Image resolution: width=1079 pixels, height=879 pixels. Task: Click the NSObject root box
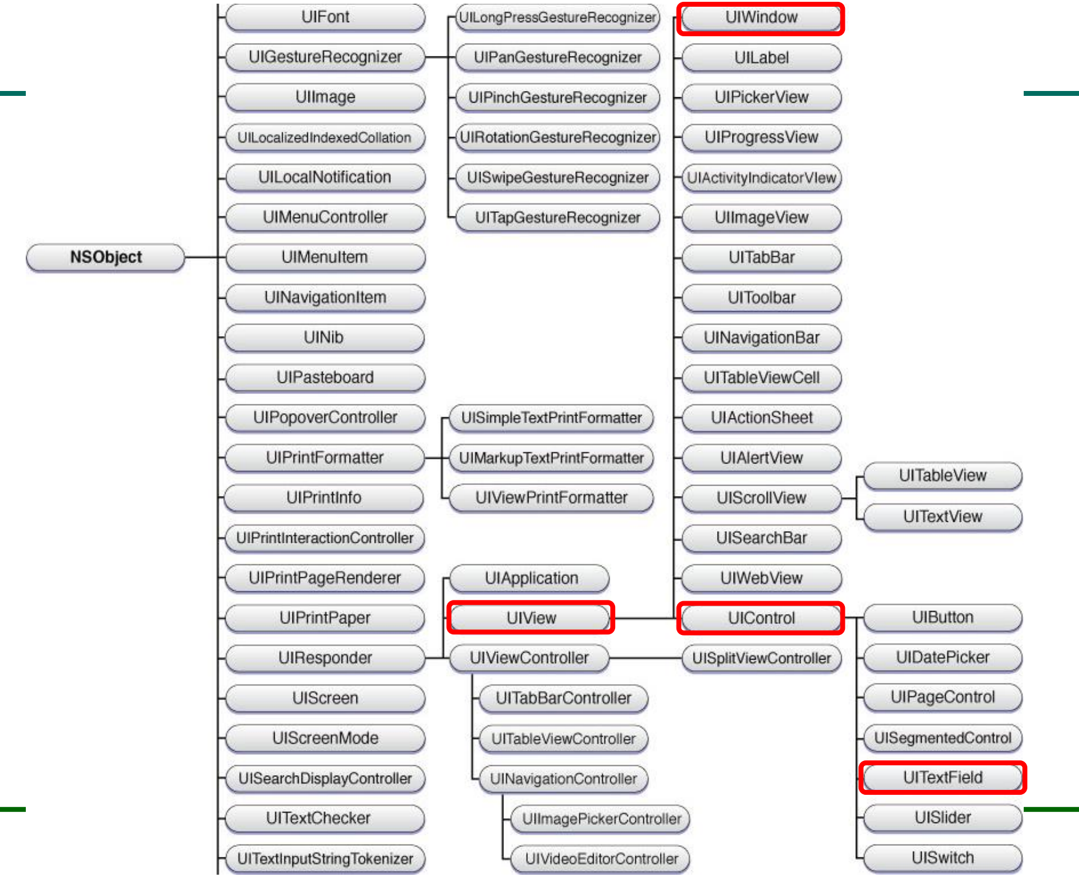(105, 257)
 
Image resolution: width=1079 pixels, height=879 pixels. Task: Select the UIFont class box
(325, 17)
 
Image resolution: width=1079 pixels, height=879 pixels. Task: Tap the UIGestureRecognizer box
(325, 57)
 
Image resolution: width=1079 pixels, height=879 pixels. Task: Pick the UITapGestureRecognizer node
(557, 218)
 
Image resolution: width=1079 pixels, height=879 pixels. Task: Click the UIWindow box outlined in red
(761, 18)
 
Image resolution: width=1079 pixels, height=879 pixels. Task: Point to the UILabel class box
(761, 58)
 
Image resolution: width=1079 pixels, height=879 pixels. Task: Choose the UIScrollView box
(761, 498)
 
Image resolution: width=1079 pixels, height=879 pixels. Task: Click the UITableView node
(943, 475)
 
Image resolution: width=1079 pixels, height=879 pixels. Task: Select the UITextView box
(943, 516)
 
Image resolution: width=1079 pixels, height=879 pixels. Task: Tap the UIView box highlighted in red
(531, 618)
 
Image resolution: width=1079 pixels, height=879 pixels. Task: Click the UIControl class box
(761, 618)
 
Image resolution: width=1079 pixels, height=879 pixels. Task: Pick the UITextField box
(943, 778)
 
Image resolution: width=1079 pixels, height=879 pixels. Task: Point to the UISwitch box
(943, 857)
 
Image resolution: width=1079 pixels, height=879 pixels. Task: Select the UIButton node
(943, 617)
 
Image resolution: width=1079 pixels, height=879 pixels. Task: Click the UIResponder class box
(325, 658)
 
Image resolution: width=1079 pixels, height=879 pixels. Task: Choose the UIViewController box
(529, 658)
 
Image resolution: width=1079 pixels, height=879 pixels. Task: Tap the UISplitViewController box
(761, 658)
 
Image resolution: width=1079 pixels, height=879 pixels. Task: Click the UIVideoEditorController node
(602, 859)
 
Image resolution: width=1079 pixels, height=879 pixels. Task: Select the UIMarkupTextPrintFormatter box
(551, 458)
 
